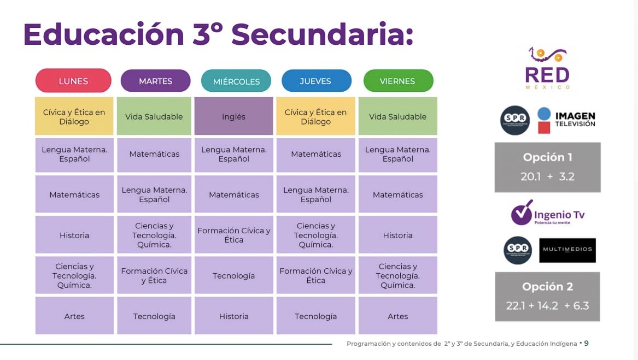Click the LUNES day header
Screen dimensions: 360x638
(x=73, y=81)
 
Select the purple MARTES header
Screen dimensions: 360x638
(x=155, y=81)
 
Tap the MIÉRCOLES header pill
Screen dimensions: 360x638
(x=236, y=81)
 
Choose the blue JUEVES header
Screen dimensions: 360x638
(x=316, y=81)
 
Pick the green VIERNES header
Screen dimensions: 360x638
(x=397, y=81)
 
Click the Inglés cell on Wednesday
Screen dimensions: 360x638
(x=233, y=116)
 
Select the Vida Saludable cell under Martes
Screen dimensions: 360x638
(x=154, y=116)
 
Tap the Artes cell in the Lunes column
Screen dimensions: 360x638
(x=74, y=316)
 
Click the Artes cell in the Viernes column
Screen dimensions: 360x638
(x=397, y=316)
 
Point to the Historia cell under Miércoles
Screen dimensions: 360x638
(x=233, y=316)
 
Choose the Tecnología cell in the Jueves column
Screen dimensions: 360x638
(x=315, y=316)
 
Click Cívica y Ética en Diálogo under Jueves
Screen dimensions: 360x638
(x=315, y=116)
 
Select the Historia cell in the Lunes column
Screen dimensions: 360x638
(x=74, y=235)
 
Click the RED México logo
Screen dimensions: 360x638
(x=547, y=69)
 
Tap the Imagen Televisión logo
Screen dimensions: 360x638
(x=566, y=120)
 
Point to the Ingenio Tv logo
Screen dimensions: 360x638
(x=547, y=213)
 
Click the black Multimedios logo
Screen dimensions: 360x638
(x=567, y=250)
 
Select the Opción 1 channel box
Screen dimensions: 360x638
(x=547, y=167)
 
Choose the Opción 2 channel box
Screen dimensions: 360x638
(x=547, y=296)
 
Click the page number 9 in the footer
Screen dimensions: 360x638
(x=586, y=344)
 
